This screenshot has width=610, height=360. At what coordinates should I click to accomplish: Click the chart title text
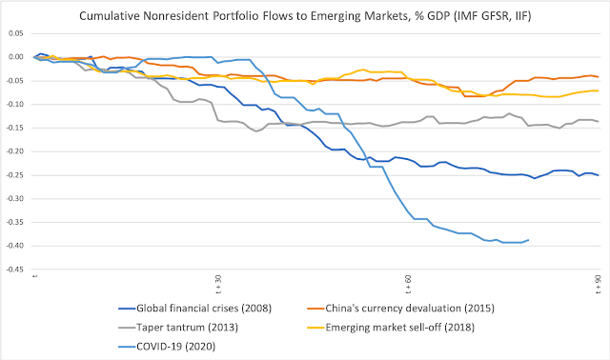pos(305,16)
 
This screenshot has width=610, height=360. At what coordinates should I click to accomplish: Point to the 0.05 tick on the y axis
pos(16,33)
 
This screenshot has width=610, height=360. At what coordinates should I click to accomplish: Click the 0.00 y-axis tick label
pos(16,57)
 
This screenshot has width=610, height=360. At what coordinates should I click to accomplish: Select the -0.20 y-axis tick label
pos(15,151)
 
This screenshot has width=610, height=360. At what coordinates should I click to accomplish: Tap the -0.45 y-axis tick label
pos(15,270)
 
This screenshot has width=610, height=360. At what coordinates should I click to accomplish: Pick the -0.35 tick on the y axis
pos(15,222)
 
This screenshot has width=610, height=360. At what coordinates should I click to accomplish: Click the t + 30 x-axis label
pos(218,284)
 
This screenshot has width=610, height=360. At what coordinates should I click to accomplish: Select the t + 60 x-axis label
pos(408,284)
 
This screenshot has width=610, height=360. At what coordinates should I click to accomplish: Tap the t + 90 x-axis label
pos(598,284)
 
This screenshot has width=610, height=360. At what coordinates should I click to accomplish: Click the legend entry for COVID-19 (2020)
pos(167,347)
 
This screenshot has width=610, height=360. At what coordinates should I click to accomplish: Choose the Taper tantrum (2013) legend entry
pos(178,328)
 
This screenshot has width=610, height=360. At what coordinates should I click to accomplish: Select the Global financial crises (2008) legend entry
pos(194,309)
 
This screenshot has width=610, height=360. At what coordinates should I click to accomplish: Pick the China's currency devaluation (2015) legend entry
pos(400,309)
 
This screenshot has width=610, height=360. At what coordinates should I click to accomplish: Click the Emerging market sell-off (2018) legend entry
pos(391,328)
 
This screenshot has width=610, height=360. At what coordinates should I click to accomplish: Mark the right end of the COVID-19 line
pos(528,240)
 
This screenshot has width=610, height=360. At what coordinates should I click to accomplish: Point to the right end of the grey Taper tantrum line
pos(598,121)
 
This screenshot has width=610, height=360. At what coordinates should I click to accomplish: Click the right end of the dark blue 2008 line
pos(598,175)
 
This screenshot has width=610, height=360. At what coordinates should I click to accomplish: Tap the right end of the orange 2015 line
pos(598,77)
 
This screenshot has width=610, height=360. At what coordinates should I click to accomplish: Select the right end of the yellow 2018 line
pos(598,90)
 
